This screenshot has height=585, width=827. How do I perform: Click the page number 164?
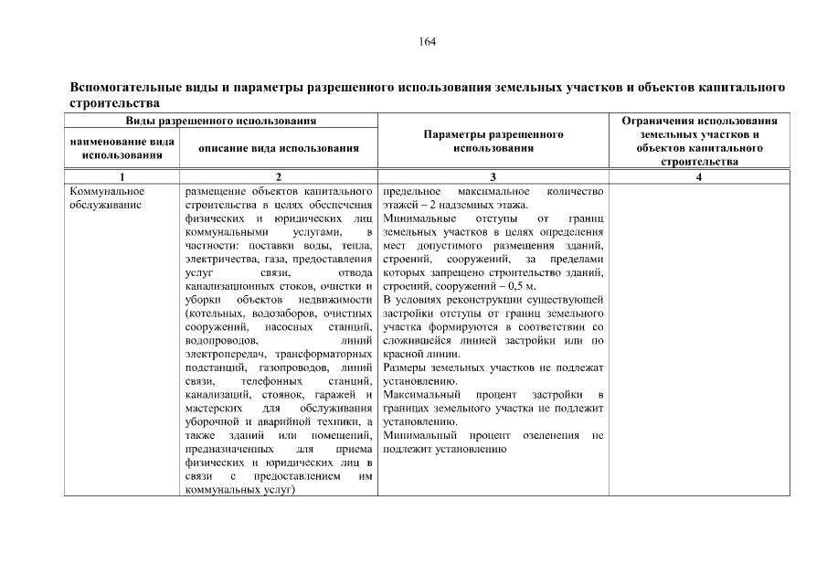point(427,42)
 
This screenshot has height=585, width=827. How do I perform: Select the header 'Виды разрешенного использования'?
point(221,121)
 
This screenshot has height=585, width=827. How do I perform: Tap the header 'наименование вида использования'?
point(122,147)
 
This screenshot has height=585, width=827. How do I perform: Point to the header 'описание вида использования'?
point(280,147)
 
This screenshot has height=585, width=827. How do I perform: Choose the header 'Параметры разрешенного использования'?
point(493,140)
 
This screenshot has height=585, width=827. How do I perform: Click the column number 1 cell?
point(122,177)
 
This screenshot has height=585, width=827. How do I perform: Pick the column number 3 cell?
point(493,177)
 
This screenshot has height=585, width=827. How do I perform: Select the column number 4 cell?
point(698,177)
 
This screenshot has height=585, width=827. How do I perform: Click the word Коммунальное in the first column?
point(106,192)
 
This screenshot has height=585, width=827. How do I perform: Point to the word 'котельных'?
point(215,314)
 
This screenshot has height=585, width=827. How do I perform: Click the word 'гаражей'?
point(337,394)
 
